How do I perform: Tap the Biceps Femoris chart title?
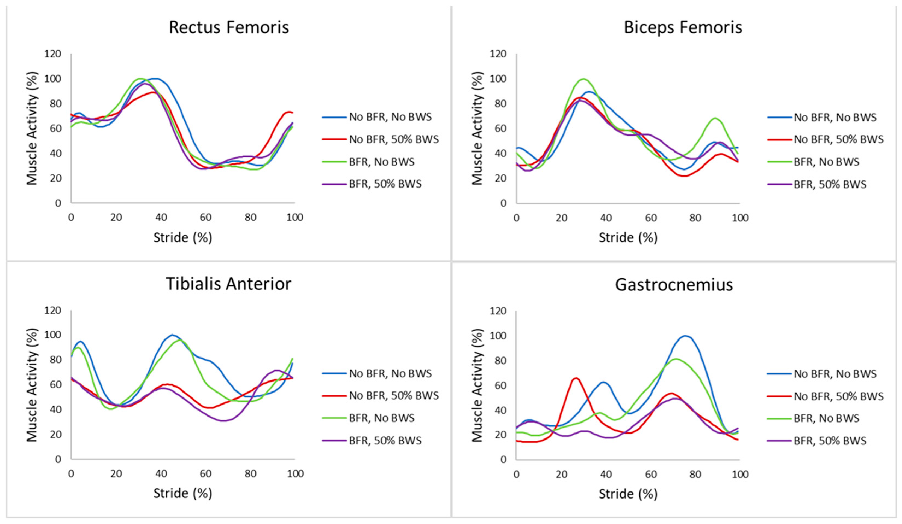tap(683, 28)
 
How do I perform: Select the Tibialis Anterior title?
tap(228, 284)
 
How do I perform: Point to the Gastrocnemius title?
tap(674, 285)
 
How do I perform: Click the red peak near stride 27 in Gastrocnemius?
tap(576, 378)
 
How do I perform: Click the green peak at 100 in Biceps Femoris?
tap(583, 79)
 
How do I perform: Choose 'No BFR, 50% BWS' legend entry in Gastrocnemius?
tap(838, 396)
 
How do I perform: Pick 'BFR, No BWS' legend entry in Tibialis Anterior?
tap(382, 418)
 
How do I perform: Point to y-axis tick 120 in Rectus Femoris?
tap(53, 54)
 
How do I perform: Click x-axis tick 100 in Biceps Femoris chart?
tap(740, 218)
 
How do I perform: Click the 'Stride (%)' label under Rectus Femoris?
tap(182, 238)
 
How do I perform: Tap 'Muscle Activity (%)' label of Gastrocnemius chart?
tap(477, 385)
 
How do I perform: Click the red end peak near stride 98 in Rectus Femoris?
tap(289, 112)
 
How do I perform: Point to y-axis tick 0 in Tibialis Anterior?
tap(58, 459)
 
